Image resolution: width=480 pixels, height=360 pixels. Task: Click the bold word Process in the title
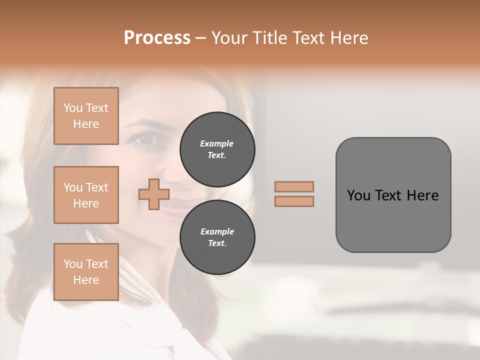click(x=157, y=38)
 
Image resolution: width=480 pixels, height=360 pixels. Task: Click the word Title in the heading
click(x=268, y=38)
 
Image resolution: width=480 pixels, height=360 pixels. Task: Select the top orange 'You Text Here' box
click(x=86, y=116)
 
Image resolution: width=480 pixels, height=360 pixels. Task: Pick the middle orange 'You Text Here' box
click(x=86, y=195)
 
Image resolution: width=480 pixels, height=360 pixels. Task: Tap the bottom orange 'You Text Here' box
click(x=86, y=271)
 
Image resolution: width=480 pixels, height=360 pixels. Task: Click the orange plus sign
click(x=153, y=194)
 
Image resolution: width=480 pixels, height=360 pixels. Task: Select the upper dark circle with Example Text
click(x=217, y=149)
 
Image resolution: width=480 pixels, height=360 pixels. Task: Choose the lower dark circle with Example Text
click(x=217, y=237)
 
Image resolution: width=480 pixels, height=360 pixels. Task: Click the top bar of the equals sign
click(x=294, y=186)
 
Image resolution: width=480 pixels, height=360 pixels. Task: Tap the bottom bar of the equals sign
click(x=294, y=201)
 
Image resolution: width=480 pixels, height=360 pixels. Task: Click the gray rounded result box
click(x=393, y=220)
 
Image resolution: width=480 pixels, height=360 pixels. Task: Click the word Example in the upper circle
click(x=217, y=143)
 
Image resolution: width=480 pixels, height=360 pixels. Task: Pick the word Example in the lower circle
click(x=217, y=231)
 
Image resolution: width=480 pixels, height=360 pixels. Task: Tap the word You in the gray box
click(x=358, y=195)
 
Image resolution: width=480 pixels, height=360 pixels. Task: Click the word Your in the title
click(x=229, y=38)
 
